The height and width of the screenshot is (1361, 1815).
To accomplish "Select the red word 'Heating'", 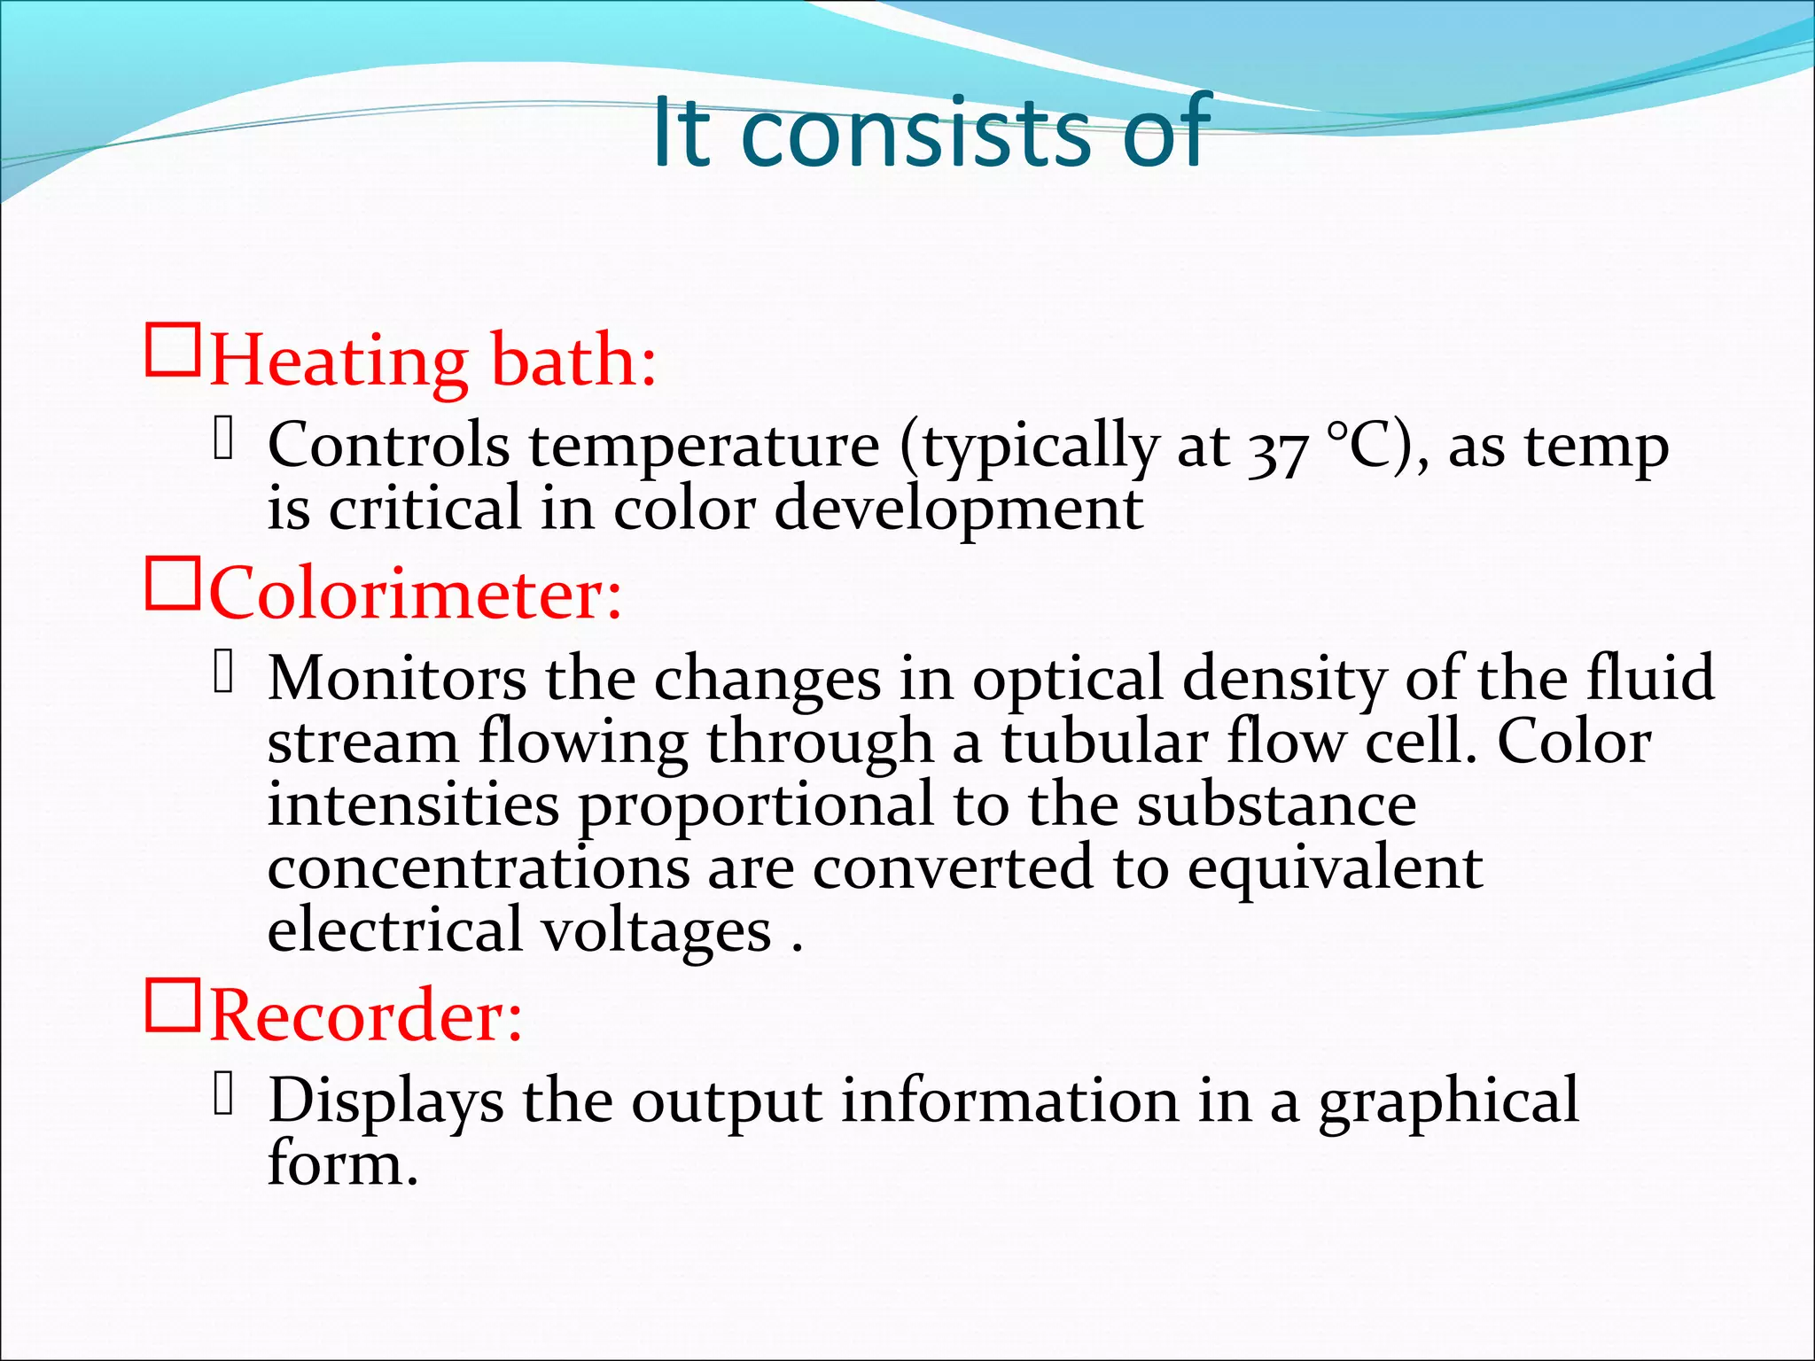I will pos(338,362).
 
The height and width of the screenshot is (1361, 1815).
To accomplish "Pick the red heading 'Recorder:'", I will pos(366,1015).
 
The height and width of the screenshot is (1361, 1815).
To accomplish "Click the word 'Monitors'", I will pos(397,679).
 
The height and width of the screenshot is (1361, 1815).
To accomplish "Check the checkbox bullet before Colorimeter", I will pos(172,586).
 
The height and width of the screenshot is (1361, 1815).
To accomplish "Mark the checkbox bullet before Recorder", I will pos(172,1007).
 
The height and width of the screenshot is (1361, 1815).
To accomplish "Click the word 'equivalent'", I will pos(1335,868).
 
